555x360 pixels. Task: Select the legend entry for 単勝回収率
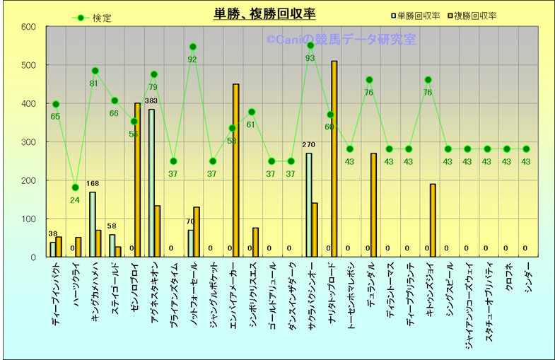(x=417, y=14)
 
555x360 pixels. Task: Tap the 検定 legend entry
(x=93, y=18)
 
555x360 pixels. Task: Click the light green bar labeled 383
(x=151, y=182)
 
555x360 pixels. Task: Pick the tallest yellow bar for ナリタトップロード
(x=334, y=159)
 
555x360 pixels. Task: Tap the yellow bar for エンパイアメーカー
(x=236, y=170)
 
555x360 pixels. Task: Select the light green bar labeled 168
(x=92, y=224)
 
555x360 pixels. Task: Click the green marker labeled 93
(x=310, y=45)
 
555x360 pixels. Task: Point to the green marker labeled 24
(x=75, y=187)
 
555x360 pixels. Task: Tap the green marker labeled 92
(x=192, y=47)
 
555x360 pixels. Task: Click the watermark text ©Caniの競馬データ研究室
(x=341, y=40)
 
